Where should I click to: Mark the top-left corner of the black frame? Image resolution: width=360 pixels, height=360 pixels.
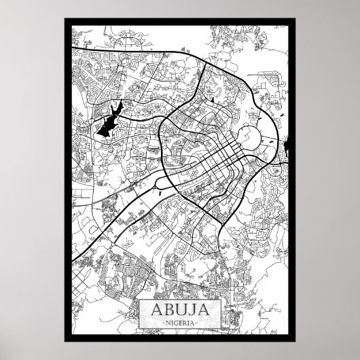[65, 21]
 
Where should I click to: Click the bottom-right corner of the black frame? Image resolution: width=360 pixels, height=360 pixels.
[295, 340]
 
